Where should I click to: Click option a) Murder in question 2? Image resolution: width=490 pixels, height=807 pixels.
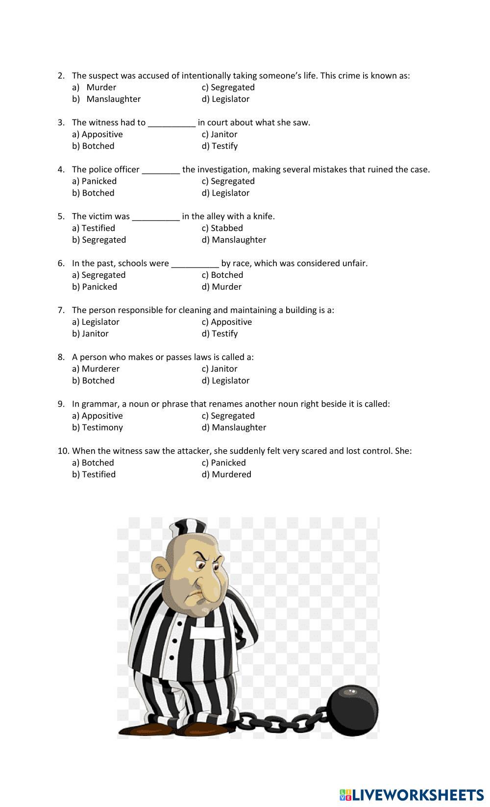[101, 87]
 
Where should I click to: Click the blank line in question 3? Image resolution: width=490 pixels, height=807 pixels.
[171, 123]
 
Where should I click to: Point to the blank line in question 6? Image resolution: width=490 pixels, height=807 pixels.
[195, 265]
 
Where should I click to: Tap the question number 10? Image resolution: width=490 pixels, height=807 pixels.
[63, 451]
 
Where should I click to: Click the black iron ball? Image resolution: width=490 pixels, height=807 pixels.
[353, 710]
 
